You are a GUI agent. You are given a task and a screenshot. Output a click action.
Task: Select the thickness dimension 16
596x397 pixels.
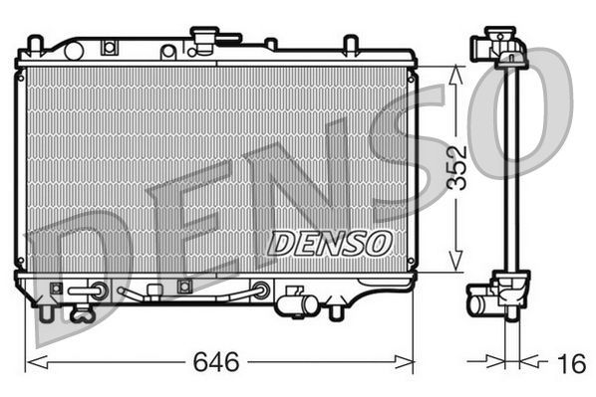coord(569,365)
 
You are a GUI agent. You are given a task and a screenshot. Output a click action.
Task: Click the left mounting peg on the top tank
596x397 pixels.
coord(36,45)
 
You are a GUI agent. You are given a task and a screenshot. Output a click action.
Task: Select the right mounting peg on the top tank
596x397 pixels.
coord(351,46)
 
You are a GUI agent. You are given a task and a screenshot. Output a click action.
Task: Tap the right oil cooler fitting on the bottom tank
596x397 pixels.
coord(261,291)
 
